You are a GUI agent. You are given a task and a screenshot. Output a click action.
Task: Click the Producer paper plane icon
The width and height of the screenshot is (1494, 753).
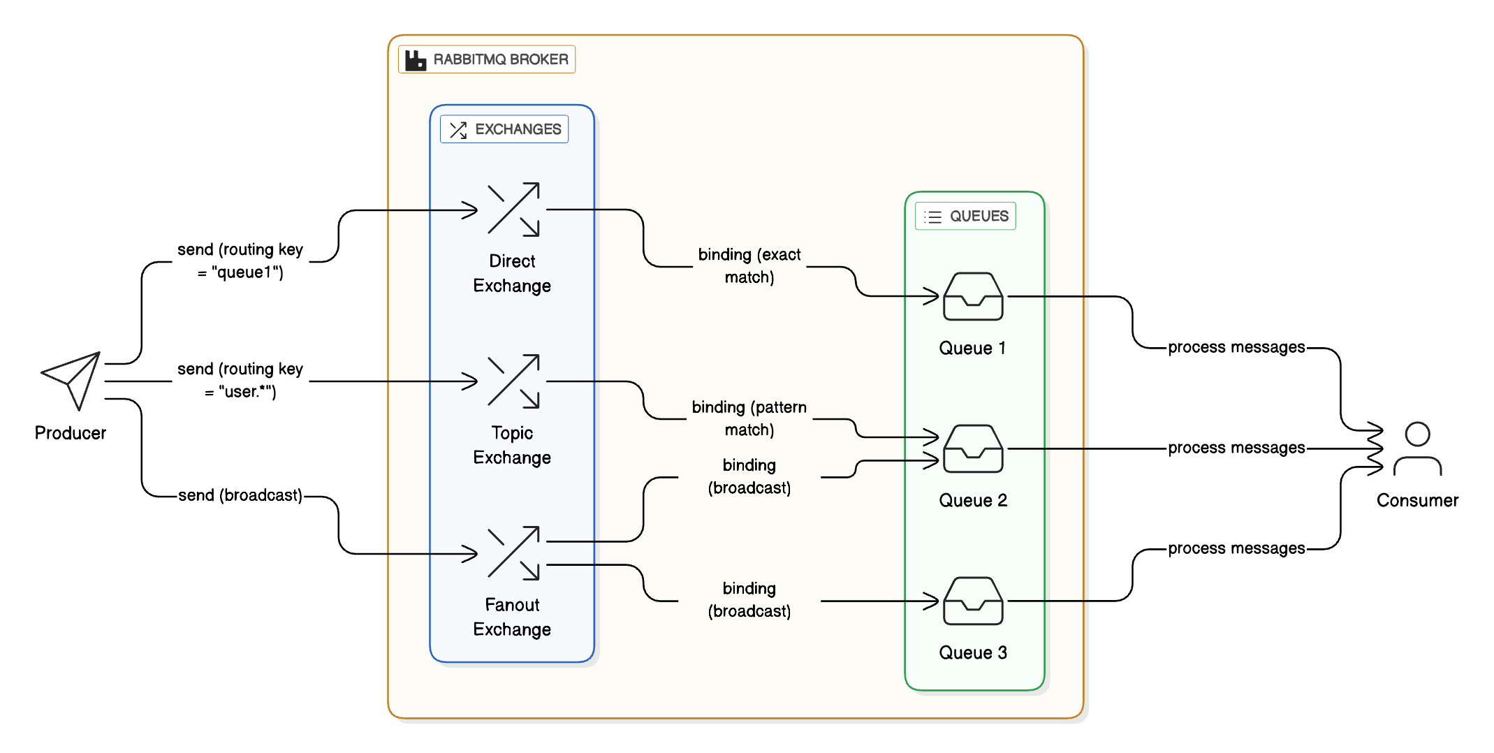72,379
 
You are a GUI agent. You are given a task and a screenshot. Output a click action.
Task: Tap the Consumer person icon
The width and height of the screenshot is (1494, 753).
1417,448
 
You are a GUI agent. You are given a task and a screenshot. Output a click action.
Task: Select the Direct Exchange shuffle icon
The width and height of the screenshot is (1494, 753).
513,209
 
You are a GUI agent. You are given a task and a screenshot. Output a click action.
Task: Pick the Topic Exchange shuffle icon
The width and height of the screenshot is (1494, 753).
513,381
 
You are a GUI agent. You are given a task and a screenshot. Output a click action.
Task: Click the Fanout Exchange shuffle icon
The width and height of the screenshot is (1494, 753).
513,553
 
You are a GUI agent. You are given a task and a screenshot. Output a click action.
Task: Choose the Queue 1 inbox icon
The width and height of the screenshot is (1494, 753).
973,296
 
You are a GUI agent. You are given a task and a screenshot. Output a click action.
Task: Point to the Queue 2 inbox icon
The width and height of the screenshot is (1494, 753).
973,448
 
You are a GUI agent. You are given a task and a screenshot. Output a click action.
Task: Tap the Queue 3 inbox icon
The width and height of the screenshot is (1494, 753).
973,601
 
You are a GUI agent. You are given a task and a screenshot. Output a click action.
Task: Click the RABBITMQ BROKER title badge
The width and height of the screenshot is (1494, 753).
487,59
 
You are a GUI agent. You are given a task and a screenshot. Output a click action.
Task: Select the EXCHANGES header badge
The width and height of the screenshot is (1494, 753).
504,129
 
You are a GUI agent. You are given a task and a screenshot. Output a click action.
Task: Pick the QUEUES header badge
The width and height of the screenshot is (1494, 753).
965,216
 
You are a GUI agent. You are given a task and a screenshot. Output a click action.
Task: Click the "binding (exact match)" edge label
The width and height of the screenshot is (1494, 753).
749,265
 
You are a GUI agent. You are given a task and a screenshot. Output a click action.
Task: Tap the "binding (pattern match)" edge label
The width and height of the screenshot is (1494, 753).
749,418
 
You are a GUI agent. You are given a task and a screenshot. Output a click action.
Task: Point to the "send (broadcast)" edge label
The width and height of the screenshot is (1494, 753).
240,495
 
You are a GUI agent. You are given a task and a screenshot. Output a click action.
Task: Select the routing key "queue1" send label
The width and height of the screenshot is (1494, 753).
240,261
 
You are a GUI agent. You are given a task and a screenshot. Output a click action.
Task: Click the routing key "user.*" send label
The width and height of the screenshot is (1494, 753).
240,380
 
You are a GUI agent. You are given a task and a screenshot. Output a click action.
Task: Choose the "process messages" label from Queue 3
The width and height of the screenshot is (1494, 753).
1236,548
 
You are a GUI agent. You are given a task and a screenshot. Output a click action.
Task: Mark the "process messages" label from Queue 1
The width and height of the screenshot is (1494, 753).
1236,347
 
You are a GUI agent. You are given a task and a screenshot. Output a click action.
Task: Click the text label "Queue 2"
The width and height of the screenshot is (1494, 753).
973,500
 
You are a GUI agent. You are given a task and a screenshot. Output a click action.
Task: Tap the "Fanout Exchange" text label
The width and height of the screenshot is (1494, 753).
512,617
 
